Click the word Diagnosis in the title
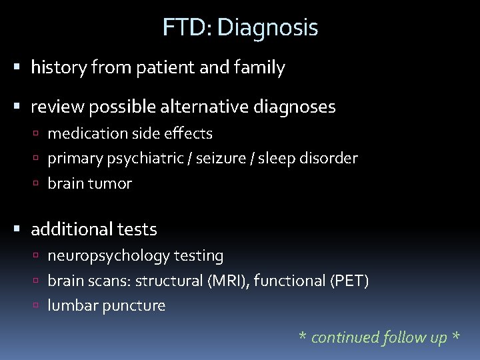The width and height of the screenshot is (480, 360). tap(268, 28)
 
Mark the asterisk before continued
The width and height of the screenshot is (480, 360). tap(303, 337)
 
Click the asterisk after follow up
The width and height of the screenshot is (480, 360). tap(455, 337)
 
